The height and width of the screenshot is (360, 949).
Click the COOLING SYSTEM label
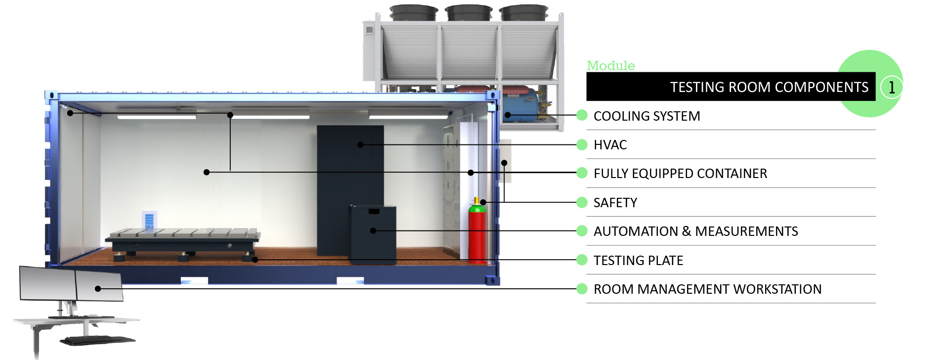tap(647, 116)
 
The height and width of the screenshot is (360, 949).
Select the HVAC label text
tap(610, 145)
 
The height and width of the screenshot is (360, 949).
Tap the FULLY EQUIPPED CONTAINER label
tap(680, 174)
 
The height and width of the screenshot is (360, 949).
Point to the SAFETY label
tap(615, 203)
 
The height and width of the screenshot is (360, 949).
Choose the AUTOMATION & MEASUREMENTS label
tap(695, 231)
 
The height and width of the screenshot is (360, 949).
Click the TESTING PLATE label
tap(638, 261)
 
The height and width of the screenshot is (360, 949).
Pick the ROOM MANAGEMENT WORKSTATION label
tap(707, 289)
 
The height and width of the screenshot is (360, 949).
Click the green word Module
tap(610, 66)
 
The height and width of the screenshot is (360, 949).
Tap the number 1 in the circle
tap(892, 88)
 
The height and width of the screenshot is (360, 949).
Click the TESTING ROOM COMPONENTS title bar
tap(731, 87)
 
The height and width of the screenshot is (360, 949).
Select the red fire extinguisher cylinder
tap(477, 232)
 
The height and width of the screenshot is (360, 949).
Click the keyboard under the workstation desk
tap(97, 340)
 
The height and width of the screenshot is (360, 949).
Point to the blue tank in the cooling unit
tap(520, 105)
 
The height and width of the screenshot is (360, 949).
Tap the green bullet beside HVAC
tap(582, 144)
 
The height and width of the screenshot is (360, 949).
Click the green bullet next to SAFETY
tap(582, 202)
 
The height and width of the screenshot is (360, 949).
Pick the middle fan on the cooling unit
tap(469, 12)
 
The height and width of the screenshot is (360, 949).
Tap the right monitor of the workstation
tap(99, 287)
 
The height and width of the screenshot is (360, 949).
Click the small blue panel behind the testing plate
tap(149, 220)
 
